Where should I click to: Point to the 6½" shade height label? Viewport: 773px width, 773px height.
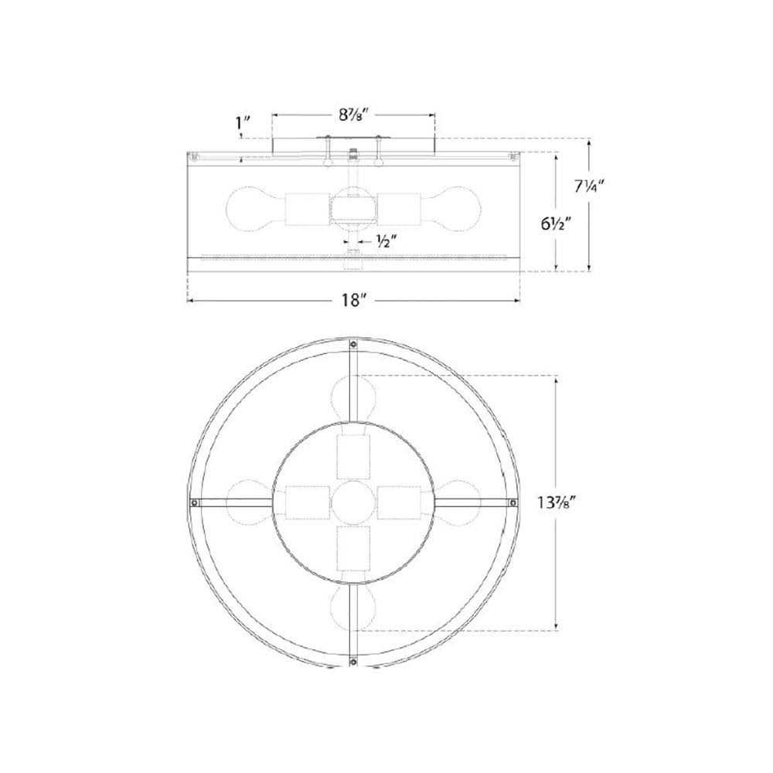click(x=555, y=224)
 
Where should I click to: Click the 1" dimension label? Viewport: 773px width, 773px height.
click(x=241, y=121)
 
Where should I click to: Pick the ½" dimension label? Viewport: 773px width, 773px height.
click(x=387, y=241)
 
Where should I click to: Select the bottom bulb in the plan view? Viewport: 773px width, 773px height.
click(x=352, y=608)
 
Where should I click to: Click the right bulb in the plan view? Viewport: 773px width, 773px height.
click(x=458, y=502)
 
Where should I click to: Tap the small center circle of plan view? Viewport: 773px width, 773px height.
click(x=352, y=502)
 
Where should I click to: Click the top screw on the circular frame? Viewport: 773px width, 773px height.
click(x=352, y=346)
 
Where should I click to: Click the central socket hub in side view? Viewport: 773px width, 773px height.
click(x=352, y=207)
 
